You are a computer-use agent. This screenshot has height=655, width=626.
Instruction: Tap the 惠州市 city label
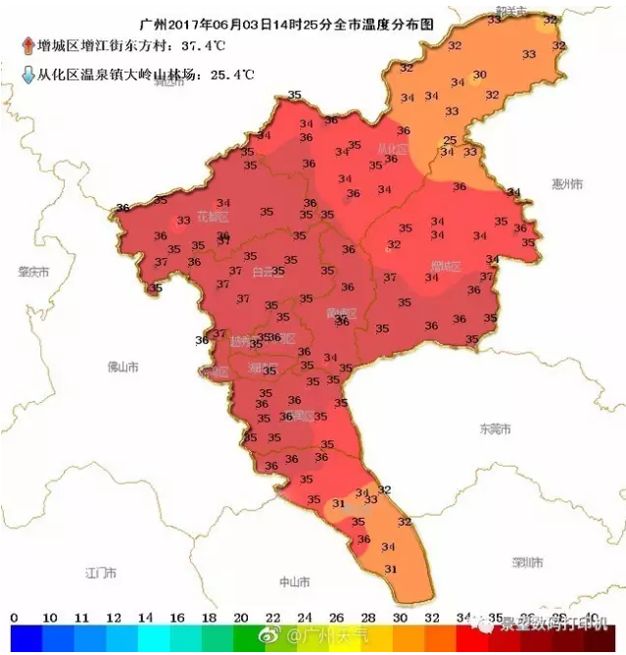(567, 184)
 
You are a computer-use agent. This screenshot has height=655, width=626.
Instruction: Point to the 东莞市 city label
(495, 429)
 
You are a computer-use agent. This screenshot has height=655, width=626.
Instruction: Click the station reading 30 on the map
(479, 76)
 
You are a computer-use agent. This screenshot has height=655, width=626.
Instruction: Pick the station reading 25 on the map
(450, 140)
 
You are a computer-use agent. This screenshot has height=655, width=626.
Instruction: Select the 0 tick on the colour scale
(13, 619)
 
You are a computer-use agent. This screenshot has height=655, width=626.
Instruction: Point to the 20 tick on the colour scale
(240, 619)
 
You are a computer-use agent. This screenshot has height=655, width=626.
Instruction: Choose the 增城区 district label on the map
(446, 266)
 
